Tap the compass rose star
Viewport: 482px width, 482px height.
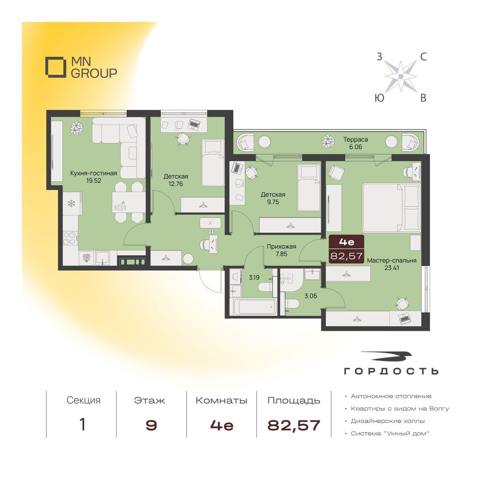pyautogui.click(x=401, y=76)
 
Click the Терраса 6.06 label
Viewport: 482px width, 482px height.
pyautogui.click(x=355, y=143)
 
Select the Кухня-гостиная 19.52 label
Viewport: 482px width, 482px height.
pyautogui.click(x=93, y=177)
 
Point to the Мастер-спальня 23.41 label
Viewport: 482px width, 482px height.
pyautogui.click(x=391, y=264)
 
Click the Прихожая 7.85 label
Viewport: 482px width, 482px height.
pyautogui.click(x=282, y=250)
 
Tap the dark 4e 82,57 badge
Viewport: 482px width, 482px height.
pyautogui.click(x=347, y=249)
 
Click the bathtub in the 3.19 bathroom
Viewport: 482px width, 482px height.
pyautogui.click(x=255, y=307)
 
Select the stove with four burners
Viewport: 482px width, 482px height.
pyautogui.click(x=70, y=238)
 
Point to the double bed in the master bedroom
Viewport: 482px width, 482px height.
pyautogui.click(x=391, y=208)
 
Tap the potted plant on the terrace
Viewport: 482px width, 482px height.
pyautogui.click(x=328, y=141)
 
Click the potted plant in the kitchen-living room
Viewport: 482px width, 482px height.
pyautogui.click(x=77, y=128)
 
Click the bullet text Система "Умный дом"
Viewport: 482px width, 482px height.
pyautogui.click(x=390, y=433)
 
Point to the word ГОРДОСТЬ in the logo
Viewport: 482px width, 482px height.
pyautogui.click(x=391, y=371)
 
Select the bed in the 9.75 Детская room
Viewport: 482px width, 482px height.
pyautogui.click(x=309, y=188)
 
